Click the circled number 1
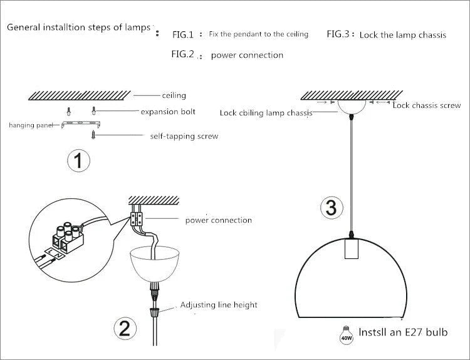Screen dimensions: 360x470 [78, 161]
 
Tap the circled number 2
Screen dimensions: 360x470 [124, 328]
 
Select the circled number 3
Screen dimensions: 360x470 [332, 208]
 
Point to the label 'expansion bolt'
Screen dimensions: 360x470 [168, 112]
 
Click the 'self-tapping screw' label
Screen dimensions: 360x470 [184, 136]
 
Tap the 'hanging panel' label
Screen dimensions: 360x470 [31, 125]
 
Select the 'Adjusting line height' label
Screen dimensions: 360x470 [219, 305]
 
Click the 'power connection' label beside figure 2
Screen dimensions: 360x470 [218, 220]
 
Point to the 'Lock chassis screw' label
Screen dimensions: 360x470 [426, 105]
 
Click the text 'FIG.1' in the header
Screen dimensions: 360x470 [184, 34]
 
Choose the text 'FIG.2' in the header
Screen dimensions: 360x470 [183, 54]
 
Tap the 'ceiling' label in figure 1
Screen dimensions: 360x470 [174, 95]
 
